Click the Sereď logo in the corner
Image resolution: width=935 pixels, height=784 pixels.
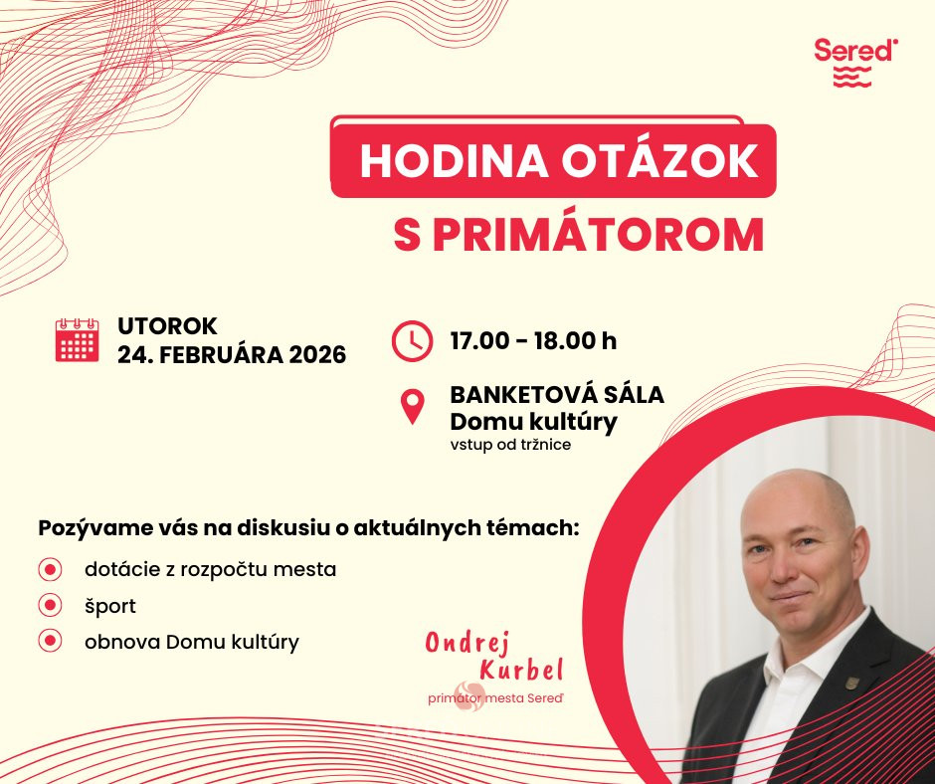click(855, 62)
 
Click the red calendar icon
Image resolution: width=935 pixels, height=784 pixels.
click(77, 340)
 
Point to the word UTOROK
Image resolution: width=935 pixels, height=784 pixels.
click(167, 326)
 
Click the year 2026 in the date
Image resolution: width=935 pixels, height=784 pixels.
click(318, 355)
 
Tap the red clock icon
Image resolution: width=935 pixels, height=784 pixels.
click(412, 340)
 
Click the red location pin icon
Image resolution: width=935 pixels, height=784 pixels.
click(412, 407)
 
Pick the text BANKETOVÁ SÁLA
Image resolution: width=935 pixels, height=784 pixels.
click(557, 394)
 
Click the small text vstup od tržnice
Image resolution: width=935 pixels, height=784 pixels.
click(510, 445)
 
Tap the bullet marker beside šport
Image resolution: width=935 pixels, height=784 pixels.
click(50, 606)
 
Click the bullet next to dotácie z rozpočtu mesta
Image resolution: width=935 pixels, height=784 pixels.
click(50, 569)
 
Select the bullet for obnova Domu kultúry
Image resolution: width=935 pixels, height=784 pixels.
click(50, 642)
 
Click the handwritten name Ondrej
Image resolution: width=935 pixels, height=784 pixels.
click(467, 642)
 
